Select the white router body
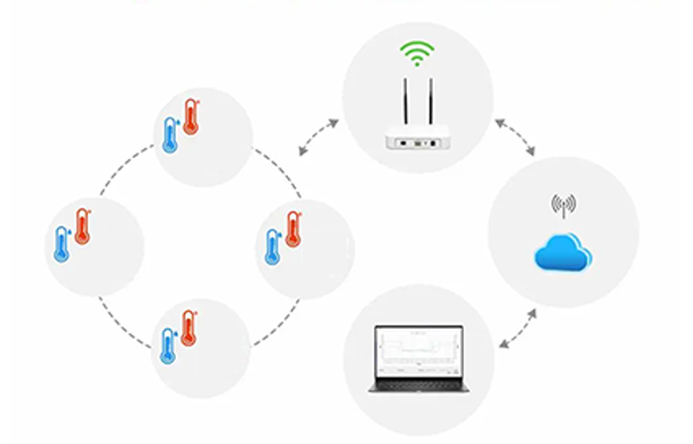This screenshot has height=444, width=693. coord(417,140)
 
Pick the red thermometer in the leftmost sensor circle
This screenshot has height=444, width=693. coord(83,226)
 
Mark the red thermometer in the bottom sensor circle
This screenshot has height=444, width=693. coord(188,328)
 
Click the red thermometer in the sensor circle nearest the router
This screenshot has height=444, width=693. coord(293,229)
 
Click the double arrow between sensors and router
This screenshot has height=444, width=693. coord(318,137)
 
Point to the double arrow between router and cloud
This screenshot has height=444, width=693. coord(515,137)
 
